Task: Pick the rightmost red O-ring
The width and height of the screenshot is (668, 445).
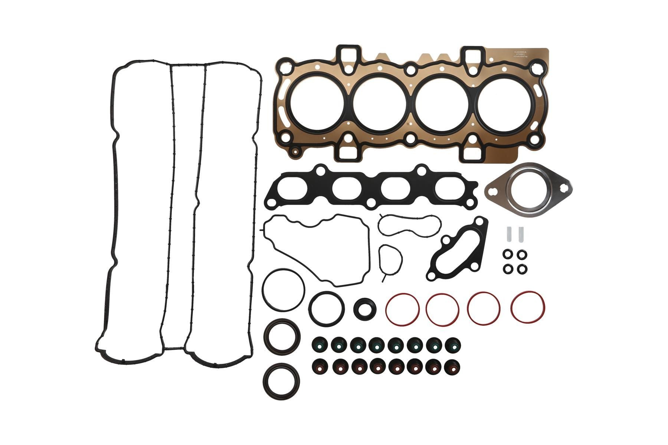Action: tap(528, 307)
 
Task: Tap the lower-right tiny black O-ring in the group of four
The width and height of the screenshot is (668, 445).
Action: tap(522, 268)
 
